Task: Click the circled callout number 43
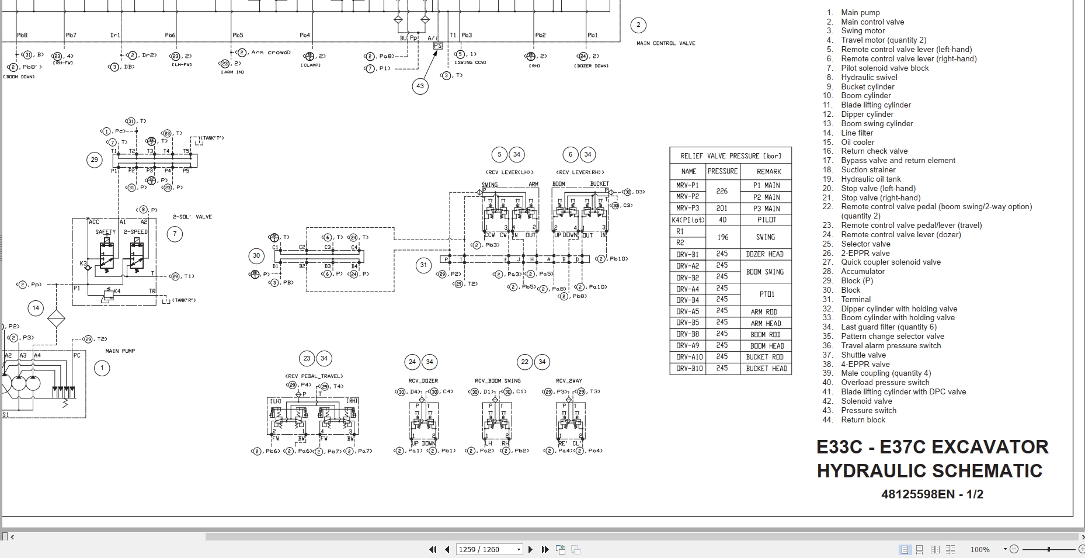420,86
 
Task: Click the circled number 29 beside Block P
95,160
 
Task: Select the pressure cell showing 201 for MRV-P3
722,208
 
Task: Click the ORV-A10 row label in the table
689,357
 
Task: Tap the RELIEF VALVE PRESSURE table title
730,156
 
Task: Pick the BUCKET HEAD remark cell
766,369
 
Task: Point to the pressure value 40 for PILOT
722,220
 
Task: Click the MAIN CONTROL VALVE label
666,43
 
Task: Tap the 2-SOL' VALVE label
192,217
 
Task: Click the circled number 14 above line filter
36,308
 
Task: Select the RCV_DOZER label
423,380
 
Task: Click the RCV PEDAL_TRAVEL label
314,376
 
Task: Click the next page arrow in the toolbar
530,549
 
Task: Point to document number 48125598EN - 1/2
932,494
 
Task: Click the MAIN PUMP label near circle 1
120,351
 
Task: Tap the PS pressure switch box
437,46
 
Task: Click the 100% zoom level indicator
980,549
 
